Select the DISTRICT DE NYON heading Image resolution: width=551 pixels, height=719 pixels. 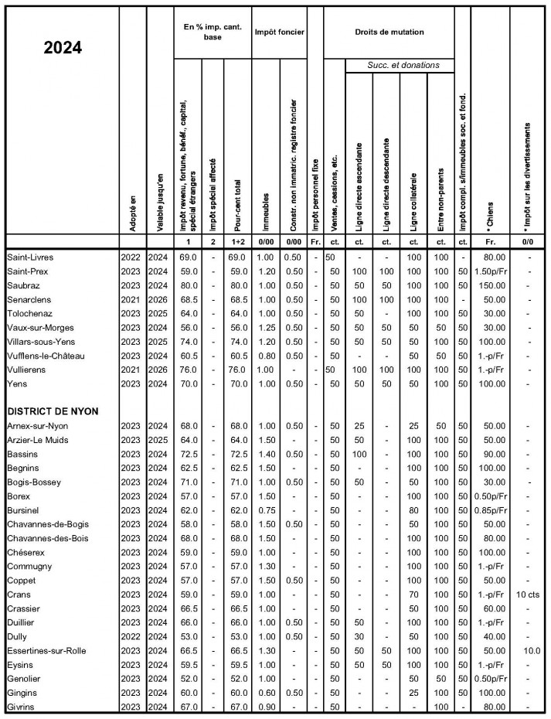(52, 411)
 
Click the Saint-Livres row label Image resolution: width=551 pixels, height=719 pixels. (30, 256)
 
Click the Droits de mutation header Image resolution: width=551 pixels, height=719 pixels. (389, 32)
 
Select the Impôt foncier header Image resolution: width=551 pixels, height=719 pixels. (279, 32)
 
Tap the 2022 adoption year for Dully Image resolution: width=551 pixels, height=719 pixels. (131, 638)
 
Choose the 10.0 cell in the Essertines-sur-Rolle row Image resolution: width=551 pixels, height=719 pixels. (529, 652)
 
